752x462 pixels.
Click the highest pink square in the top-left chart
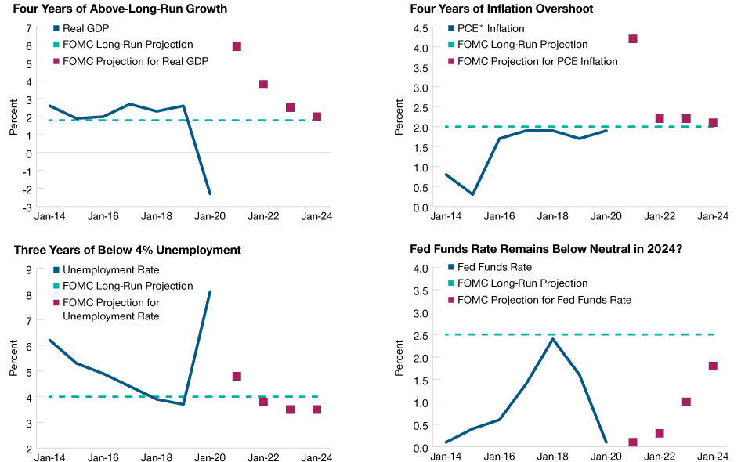point(237,47)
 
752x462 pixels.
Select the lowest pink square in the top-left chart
point(316,117)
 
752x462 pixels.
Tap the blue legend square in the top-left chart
point(56,28)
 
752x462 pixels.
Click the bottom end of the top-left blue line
point(210,193)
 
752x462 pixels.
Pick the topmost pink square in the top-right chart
point(633,39)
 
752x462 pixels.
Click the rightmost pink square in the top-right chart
point(713,123)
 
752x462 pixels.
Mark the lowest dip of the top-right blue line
point(472,193)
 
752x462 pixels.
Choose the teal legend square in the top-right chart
point(451,45)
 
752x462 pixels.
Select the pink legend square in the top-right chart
point(451,61)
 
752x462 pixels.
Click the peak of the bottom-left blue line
point(210,291)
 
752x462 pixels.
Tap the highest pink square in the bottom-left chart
point(237,377)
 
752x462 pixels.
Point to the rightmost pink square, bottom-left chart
point(316,410)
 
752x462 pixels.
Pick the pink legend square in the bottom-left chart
point(56,303)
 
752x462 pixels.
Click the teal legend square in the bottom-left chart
point(56,287)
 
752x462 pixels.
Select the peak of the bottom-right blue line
point(552,338)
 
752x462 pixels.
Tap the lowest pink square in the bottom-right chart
point(633,442)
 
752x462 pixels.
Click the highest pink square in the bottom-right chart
point(713,366)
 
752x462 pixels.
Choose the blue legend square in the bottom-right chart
point(451,267)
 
